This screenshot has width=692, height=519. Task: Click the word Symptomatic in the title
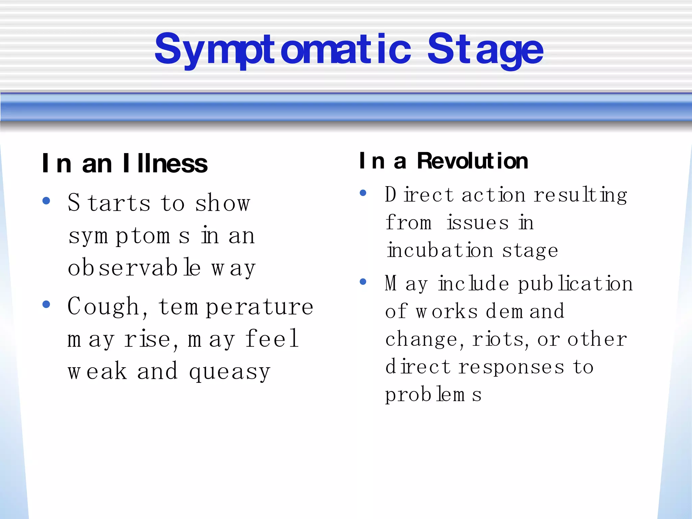pyautogui.click(x=282, y=50)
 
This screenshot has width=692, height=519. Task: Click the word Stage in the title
pyautogui.click(x=485, y=50)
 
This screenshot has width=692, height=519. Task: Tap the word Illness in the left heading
pyautogui.click(x=165, y=164)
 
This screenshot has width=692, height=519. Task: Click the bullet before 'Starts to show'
pyautogui.click(x=46, y=201)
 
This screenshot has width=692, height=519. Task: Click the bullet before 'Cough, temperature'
pyautogui.click(x=46, y=304)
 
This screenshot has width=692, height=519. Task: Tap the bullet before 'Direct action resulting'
pyautogui.click(x=363, y=193)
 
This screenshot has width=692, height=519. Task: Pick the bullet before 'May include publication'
pyautogui.click(x=363, y=281)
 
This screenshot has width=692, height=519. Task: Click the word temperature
pyautogui.click(x=236, y=307)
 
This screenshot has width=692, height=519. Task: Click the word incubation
pyautogui.click(x=440, y=251)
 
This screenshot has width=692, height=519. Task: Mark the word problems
pyautogui.click(x=433, y=395)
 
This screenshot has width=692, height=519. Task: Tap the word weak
pyautogui.click(x=97, y=371)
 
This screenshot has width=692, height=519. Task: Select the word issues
pyautogui.click(x=478, y=223)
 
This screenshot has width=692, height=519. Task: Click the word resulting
pyautogui.click(x=580, y=195)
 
